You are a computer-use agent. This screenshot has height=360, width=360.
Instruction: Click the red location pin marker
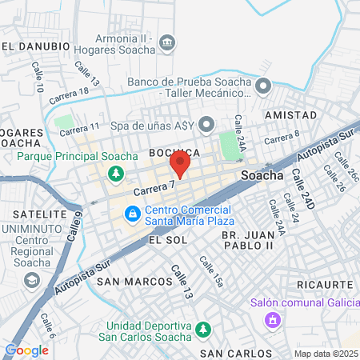179,165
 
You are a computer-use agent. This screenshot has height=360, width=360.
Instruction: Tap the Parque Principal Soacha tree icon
117,173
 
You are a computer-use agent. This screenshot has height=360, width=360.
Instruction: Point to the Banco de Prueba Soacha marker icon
265,85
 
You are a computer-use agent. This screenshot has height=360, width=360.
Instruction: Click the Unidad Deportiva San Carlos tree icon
203,329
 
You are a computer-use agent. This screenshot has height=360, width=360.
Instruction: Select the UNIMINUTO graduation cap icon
31,280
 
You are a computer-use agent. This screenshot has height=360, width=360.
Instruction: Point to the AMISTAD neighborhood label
290,115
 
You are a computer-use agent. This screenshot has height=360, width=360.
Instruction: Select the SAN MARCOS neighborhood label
134,282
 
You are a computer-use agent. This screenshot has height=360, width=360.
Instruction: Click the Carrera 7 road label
154,189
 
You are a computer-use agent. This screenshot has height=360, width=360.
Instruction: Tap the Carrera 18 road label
69,97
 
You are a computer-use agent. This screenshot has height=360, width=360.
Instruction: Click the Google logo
26,350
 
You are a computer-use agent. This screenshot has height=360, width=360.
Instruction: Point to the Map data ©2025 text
326,353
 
